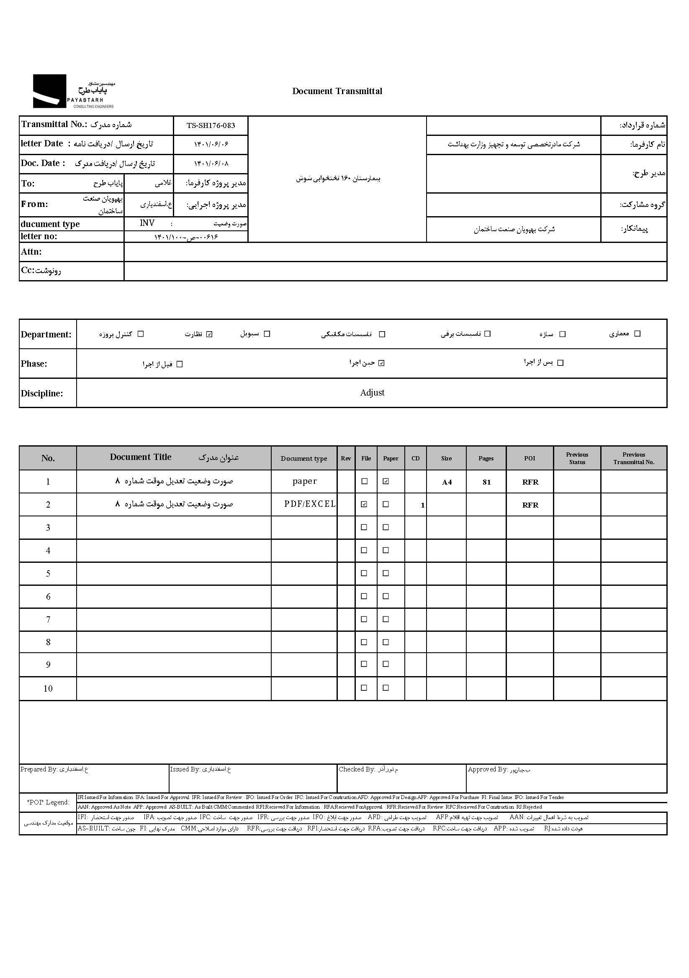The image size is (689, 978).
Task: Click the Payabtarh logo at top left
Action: click(x=73, y=92)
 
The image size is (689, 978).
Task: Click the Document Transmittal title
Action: click(x=337, y=91)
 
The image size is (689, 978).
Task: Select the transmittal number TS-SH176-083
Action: click(x=211, y=126)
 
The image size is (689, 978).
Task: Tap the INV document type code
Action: click(x=147, y=223)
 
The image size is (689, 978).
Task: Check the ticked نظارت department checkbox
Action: click(x=209, y=334)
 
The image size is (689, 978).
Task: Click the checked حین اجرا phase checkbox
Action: click(x=382, y=363)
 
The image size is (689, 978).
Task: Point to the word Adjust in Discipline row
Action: click(x=372, y=393)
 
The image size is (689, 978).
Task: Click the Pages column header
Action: click(x=486, y=458)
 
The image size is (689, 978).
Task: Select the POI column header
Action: click(x=530, y=458)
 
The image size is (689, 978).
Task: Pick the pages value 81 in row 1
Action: click(x=486, y=482)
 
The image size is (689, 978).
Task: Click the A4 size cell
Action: click(x=446, y=482)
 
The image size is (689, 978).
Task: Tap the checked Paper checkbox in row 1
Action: click(x=386, y=481)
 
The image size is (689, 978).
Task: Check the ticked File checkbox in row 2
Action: click(x=364, y=504)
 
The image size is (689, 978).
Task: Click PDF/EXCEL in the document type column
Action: click(x=310, y=504)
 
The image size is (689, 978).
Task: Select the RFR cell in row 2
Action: click(x=530, y=505)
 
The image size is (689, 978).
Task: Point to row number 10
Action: click(x=48, y=689)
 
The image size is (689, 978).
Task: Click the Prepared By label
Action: click(x=39, y=769)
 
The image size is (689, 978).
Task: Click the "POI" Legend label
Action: click(x=48, y=802)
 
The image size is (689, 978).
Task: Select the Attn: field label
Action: click(x=31, y=252)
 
